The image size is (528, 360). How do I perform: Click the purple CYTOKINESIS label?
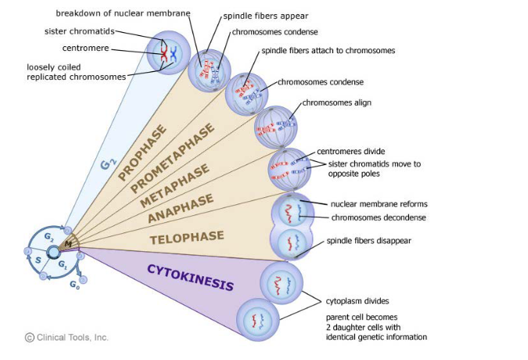point(190,277)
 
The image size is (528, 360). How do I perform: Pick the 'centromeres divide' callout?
point(350,151)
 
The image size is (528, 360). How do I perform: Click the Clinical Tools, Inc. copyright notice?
point(66,337)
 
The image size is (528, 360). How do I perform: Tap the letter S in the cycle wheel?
point(37,259)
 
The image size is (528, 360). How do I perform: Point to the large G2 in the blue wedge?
point(109,165)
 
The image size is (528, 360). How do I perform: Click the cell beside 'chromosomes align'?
point(276,127)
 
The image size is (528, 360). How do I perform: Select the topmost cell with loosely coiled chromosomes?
point(168,52)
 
